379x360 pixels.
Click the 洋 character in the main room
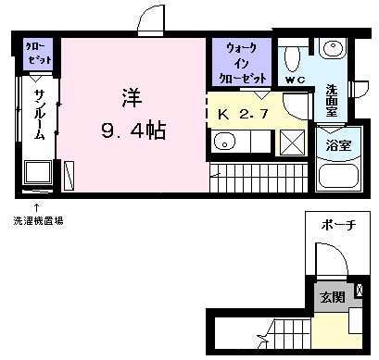pyautogui.click(x=133, y=97)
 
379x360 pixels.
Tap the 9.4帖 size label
pyautogui.click(x=133, y=130)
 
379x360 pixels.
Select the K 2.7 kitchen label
pyautogui.click(x=243, y=115)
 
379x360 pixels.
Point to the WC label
pyautogui.click(x=295, y=81)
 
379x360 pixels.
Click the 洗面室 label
pyautogui.click(x=332, y=101)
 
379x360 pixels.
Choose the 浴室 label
pyautogui.click(x=338, y=145)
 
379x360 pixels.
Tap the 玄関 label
pyautogui.click(x=332, y=297)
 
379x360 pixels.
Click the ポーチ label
pyautogui.click(x=338, y=225)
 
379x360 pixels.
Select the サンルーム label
pyautogui.click(x=39, y=115)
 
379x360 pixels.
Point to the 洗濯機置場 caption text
pyautogui.click(x=39, y=221)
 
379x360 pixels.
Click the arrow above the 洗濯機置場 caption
pyautogui.click(x=36, y=207)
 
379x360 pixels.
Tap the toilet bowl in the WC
pyautogui.click(x=292, y=59)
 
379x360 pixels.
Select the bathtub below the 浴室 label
pyautogui.click(x=338, y=177)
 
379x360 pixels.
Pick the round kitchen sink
pyautogui.click(x=225, y=142)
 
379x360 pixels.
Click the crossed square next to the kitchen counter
pyautogui.click(x=292, y=143)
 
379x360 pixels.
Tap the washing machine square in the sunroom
pyautogui.click(x=37, y=172)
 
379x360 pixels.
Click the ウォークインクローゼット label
pyautogui.click(x=242, y=63)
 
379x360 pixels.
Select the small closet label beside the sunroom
pyautogui.click(x=38, y=53)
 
